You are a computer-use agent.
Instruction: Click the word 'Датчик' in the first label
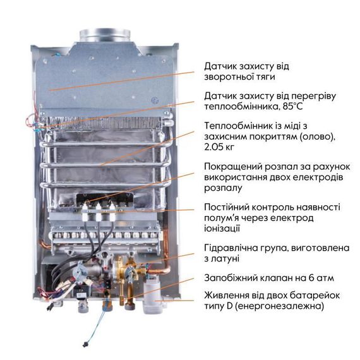coord(221,66)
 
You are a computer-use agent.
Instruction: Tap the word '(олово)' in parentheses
coord(316,138)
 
